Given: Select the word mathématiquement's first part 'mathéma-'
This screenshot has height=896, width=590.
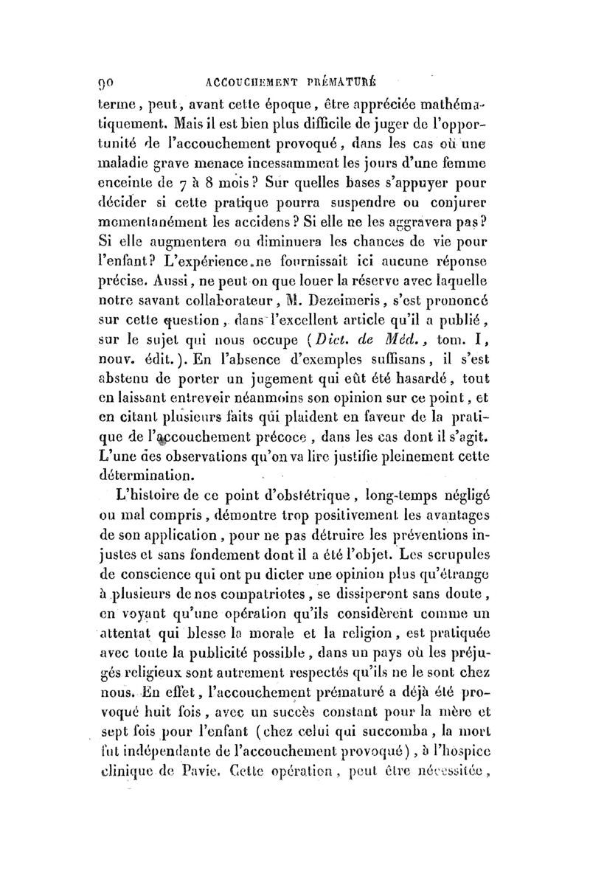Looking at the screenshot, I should [x=462, y=100].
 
